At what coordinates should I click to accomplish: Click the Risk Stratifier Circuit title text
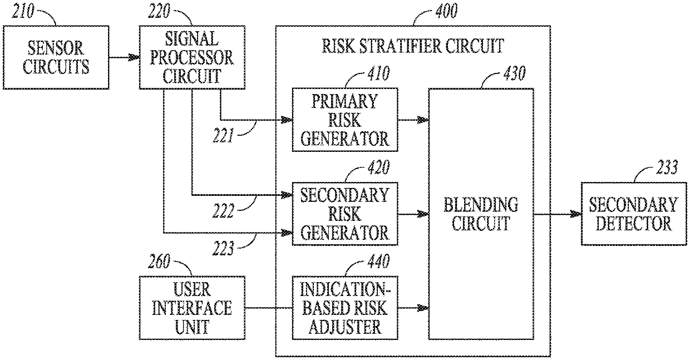click(x=413, y=46)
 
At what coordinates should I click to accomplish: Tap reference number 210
click(x=23, y=11)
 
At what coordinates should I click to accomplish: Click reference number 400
click(x=447, y=11)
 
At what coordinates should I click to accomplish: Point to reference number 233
click(x=667, y=167)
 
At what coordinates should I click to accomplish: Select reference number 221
click(x=223, y=136)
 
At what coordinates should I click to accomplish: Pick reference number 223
click(x=223, y=248)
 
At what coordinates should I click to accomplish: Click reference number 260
click(x=159, y=262)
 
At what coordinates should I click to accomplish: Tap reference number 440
click(x=378, y=261)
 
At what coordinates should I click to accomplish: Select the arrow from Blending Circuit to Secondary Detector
click(x=558, y=214)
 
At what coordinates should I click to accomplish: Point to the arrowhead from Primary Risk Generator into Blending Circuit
click(x=423, y=120)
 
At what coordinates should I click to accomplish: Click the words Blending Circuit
click(x=481, y=214)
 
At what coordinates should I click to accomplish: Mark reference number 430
click(x=515, y=73)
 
